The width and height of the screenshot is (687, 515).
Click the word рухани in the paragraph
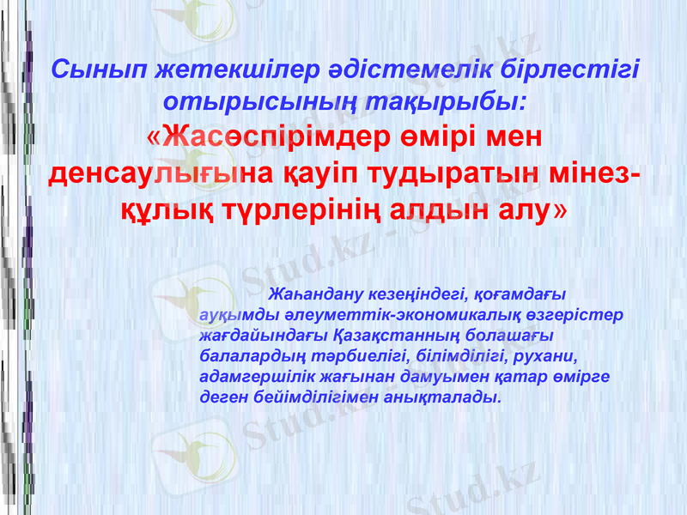coord(544,355)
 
